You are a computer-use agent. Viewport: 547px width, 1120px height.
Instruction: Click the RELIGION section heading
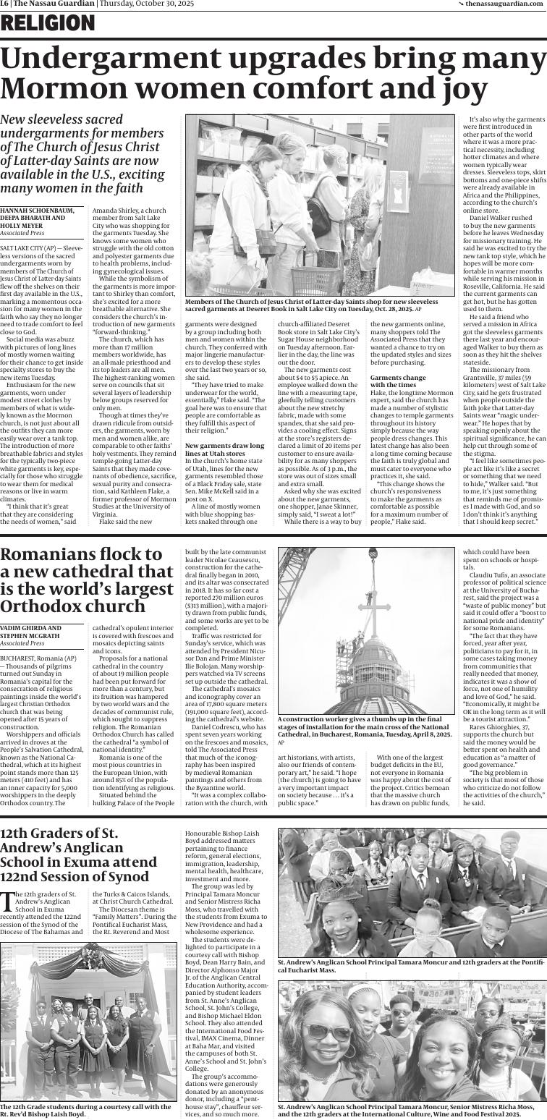tap(48, 25)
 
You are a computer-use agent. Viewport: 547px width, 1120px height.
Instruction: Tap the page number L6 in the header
tap(4, 4)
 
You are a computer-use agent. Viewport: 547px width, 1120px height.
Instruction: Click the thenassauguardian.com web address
tap(506, 4)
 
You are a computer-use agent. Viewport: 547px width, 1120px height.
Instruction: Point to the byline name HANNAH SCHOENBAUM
tap(37, 211)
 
